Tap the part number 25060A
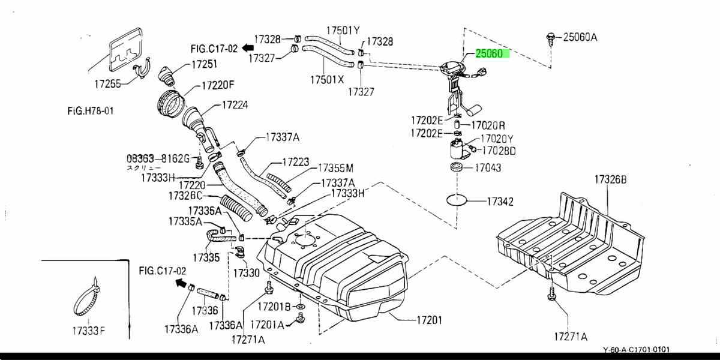[x=580, y=37]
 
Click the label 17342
[x=500, y=202]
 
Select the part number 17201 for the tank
[x=429, y=320]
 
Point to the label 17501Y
[x=343, y=31]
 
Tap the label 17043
[x=488, y=168]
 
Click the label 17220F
[x=218, y=85]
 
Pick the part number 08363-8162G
[x=157, y=159]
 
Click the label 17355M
[x=335, y=167]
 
